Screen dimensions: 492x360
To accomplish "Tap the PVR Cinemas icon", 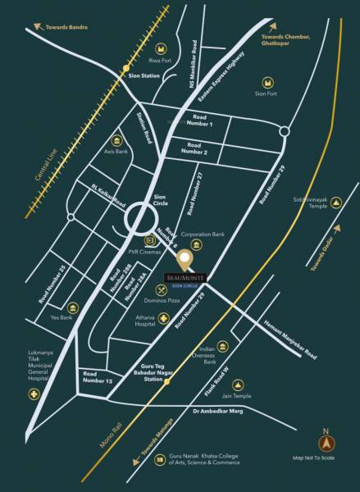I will pyautogui.click(x=150, y=241).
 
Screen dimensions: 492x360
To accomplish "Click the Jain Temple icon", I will pyautogui.click(x=239, y=385).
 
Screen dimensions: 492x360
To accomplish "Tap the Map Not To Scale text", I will pyautogui.click(x=326, y=458).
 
